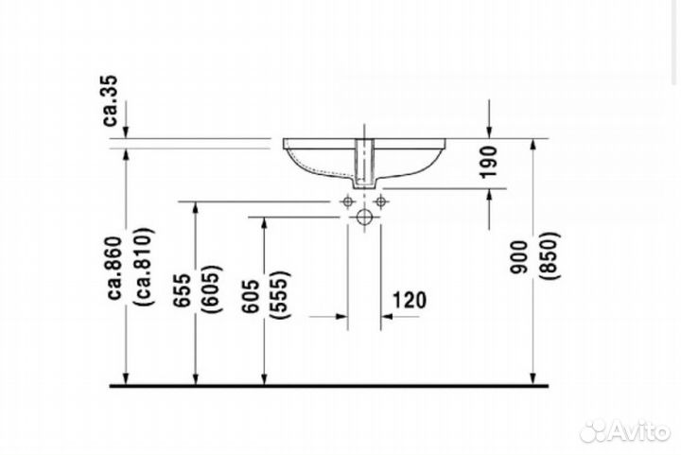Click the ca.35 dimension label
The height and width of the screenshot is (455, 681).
pos(112,100)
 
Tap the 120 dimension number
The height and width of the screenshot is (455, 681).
pos(410,300)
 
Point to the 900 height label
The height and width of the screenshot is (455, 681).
pos(519,256)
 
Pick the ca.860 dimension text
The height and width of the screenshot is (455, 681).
pos(116,268)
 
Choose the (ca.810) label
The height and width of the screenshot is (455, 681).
pos(144,266)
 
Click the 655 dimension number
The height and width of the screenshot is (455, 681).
pos(183,290)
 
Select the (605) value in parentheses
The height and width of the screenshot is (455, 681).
pos(212,289)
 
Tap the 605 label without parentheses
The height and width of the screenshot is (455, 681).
pos(252,296)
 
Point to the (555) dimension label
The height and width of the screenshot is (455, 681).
pos(280,295)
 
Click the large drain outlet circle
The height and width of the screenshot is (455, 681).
pos(364,217)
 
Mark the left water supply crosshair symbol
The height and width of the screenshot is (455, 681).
pos(347,201)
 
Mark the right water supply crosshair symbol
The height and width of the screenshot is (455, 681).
pos(381,201)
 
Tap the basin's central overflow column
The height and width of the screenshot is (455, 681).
pos(364,164)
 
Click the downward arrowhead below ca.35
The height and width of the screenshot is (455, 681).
pos(126,131)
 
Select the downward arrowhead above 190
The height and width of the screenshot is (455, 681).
pos(490,131)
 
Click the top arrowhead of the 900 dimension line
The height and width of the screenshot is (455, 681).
pos(533,147)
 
